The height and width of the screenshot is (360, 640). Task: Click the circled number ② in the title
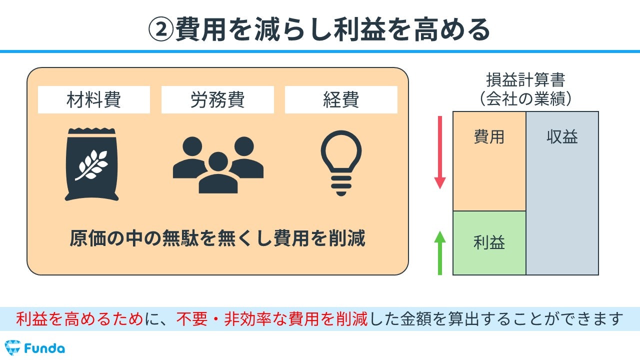(161, 29)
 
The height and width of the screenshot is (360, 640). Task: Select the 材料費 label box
(93, 99)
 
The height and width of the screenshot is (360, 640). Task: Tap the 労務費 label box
(217, 99)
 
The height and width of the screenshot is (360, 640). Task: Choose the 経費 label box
(341, 99)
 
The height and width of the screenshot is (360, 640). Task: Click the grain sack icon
(91, 164)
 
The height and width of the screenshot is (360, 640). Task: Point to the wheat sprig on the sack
(91, 165)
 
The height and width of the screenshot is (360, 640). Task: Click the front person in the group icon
(218, 173)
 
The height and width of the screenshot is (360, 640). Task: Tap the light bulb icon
(341, 163)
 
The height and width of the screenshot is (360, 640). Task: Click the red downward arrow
(440, 152)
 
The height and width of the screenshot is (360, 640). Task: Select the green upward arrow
(440, 253)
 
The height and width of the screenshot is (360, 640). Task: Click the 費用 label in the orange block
(489, 137)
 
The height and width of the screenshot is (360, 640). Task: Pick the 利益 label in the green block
(489, 242)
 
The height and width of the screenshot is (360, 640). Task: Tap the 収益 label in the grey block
(562, 137)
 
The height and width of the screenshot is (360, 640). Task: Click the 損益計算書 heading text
(525, 80)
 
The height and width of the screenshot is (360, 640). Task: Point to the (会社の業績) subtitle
(525, 99)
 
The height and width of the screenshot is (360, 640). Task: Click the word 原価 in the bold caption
(87, 238)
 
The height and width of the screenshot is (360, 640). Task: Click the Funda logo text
(44, 348)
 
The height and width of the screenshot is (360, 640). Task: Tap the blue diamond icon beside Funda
(12, 347)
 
